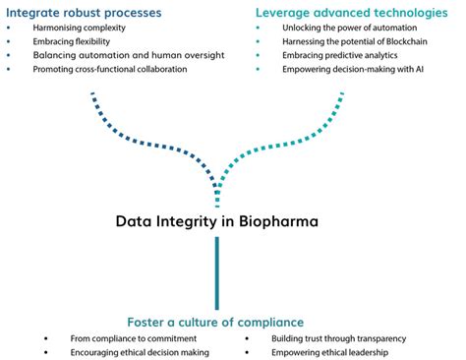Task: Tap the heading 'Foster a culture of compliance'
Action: pos(214,322)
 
